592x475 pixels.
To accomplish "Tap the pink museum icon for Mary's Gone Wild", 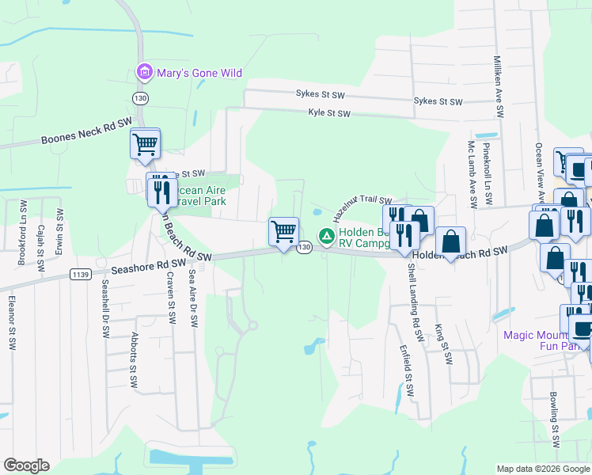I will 144,73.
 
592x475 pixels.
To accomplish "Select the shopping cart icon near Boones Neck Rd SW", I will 145,144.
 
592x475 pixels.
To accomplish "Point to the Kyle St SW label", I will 329,114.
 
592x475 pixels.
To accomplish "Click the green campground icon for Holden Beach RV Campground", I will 325,236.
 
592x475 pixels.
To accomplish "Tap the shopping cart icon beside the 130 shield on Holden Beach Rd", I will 283,232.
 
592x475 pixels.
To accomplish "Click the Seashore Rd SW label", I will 149,264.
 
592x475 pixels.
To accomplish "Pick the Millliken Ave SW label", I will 499,84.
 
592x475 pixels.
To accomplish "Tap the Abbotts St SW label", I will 135,359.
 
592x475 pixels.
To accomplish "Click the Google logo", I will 27,465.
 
